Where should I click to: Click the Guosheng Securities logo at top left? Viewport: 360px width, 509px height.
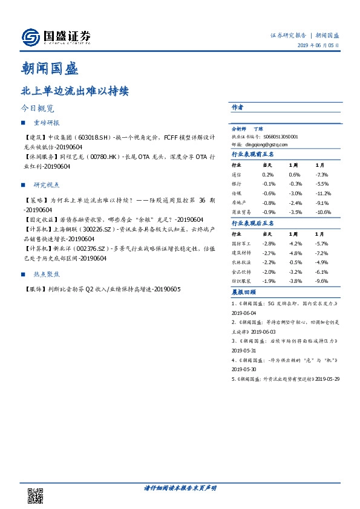pyautogui.click(x=56, y=37)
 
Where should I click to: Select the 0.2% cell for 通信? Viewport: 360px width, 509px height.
pyautogui.click(x=268, y=174)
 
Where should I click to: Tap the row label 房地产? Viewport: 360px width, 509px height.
pyautogui.click(x=240, y=203)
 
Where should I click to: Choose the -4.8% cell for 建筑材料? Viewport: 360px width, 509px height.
pyautogui.click(x=296, y=254)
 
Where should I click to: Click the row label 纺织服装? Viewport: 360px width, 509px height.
pyautogui.click(x=242, y=281)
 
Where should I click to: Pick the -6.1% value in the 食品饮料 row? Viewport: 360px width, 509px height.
pyautogui.click(x=321, y=272)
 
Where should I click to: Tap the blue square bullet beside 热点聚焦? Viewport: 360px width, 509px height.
pyautogui.click(x=23, y=274)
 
